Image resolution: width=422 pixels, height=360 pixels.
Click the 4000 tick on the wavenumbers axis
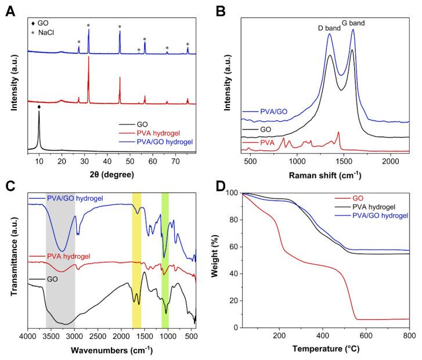click(x=27, y=338)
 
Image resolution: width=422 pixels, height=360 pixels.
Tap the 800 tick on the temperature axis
click(x=409, y=338)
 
